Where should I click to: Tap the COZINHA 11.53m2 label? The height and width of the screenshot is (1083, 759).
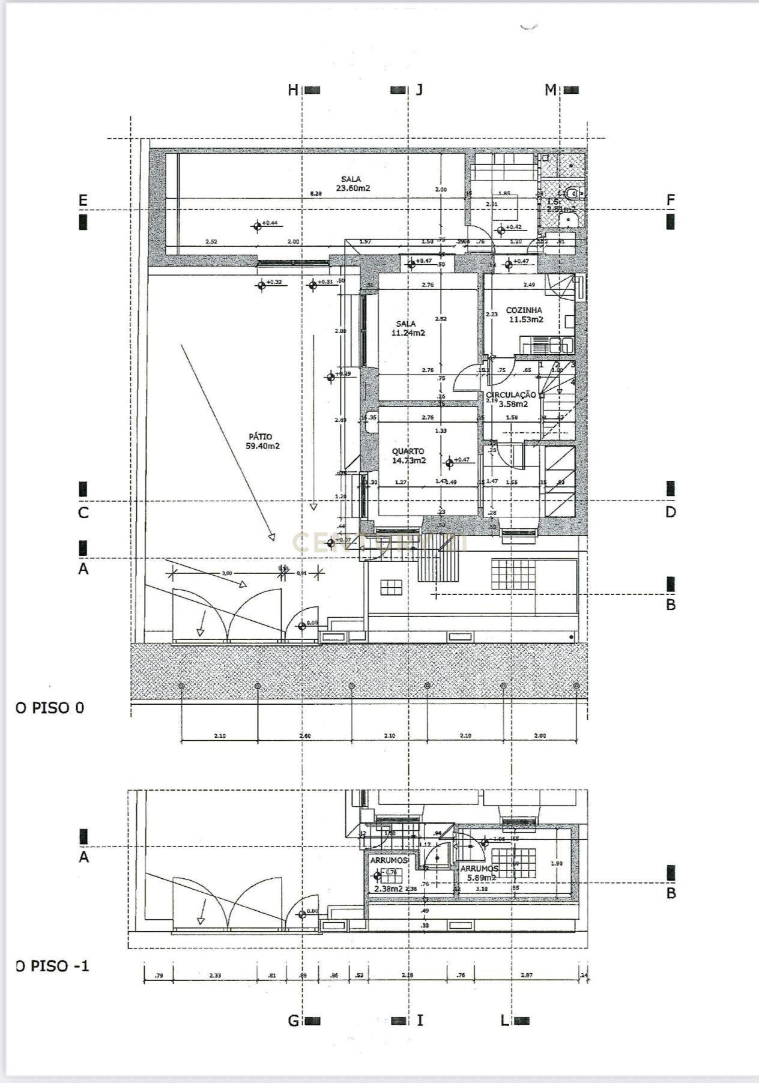525,315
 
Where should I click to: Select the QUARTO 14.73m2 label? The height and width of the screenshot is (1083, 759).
408,456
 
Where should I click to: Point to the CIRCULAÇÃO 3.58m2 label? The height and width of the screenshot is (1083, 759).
512,399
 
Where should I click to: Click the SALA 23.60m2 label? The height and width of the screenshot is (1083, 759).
352,184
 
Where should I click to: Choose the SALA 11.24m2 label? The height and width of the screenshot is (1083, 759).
407,328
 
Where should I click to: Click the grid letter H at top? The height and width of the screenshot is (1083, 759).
292,90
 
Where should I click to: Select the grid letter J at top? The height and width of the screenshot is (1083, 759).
419,90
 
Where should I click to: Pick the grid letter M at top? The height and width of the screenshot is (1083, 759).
550,90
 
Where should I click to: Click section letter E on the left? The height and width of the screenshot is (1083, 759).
83,200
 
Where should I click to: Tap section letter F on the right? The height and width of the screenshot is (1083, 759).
671,200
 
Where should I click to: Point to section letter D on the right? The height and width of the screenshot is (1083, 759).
670,512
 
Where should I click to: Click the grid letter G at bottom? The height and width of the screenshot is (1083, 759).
294,1021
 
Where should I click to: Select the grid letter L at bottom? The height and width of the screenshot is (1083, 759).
505,1021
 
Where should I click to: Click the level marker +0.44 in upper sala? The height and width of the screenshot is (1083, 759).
271,223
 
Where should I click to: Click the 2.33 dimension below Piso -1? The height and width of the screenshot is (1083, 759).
215,976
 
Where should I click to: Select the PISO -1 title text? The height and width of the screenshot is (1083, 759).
53,966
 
